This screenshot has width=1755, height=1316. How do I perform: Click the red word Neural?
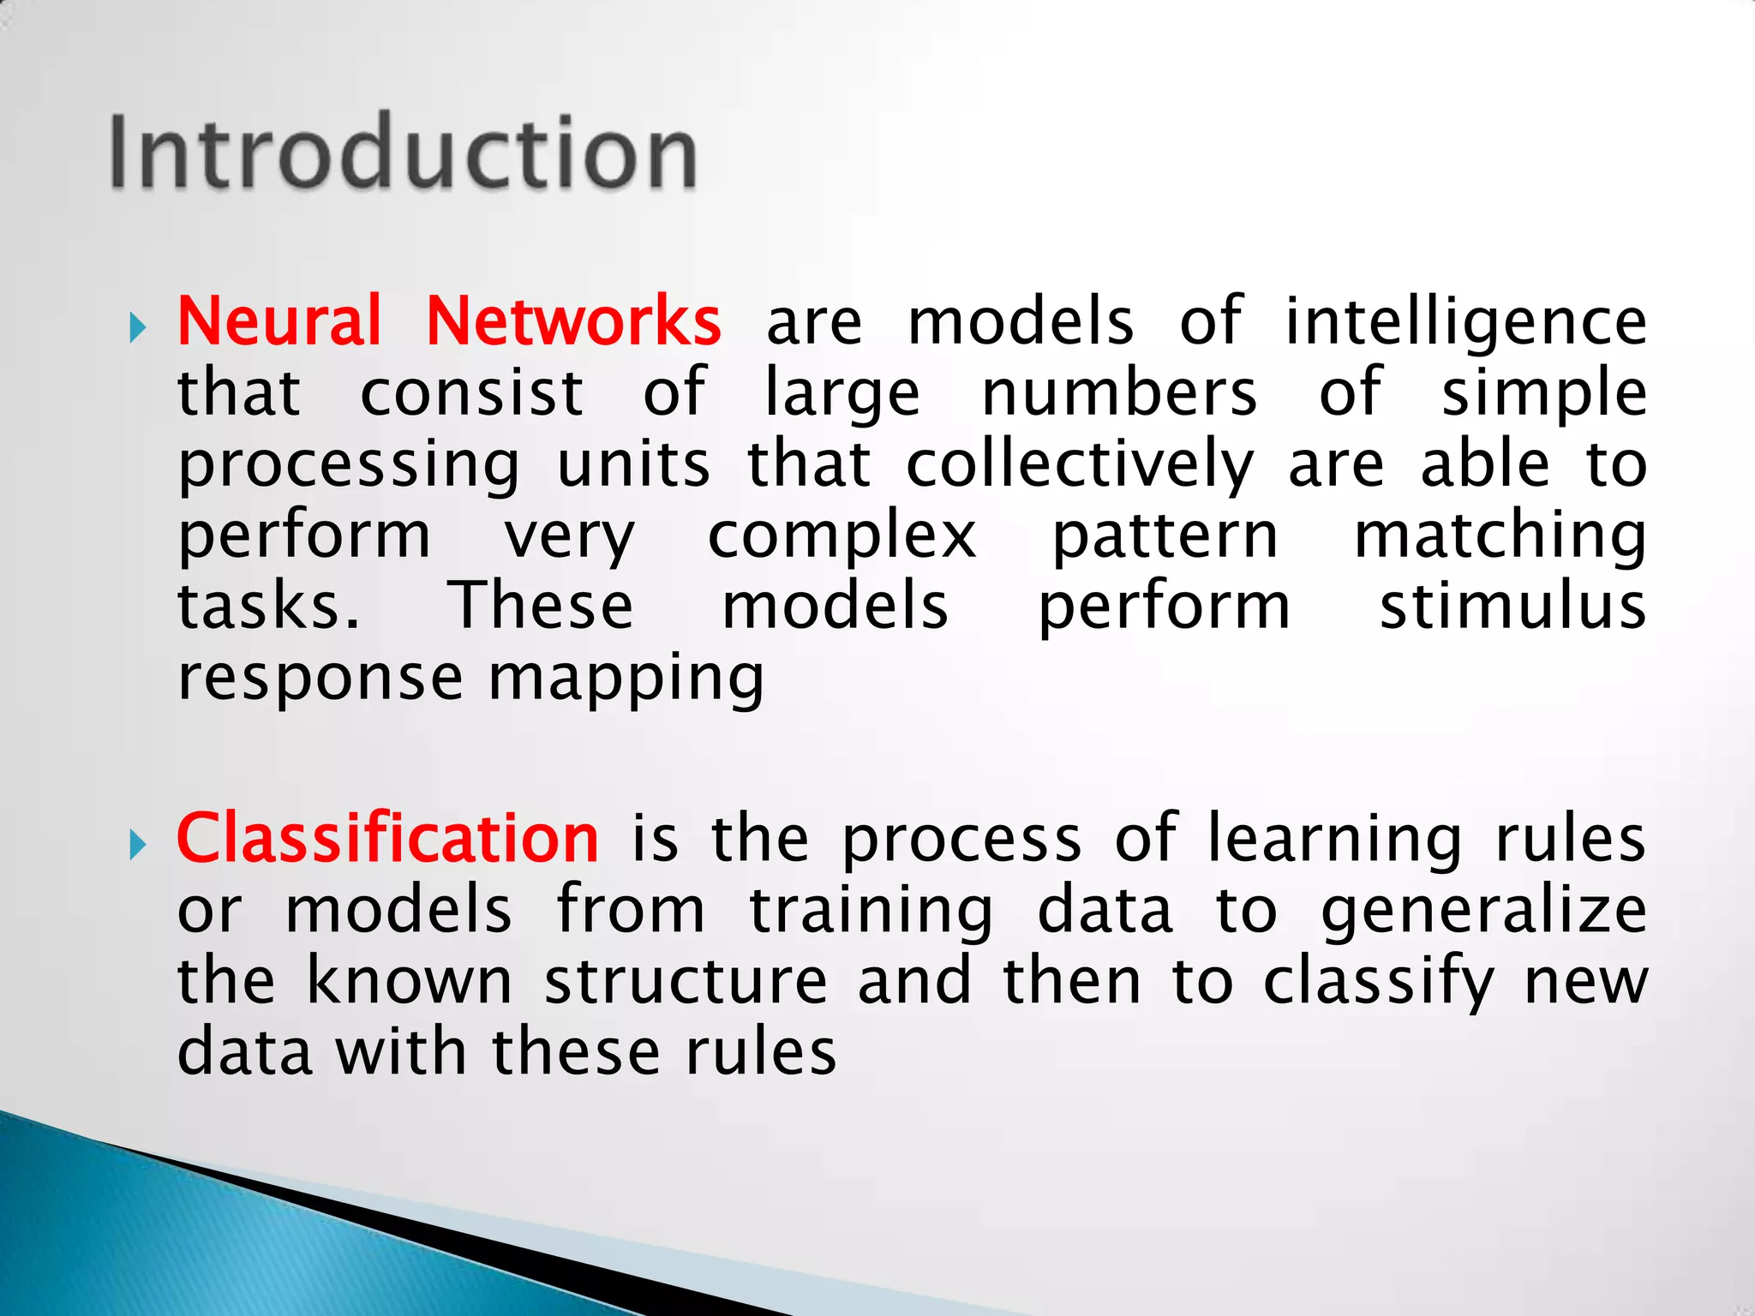(279, 321)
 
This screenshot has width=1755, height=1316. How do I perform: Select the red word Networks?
(573, 321)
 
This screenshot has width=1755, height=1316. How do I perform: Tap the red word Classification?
(387, 839)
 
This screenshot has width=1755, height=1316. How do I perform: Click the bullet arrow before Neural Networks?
(138, 326)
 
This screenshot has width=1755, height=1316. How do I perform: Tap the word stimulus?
(1512, 607)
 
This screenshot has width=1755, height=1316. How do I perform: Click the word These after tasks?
(542, 607)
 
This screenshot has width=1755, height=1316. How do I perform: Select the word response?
(320, 679)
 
